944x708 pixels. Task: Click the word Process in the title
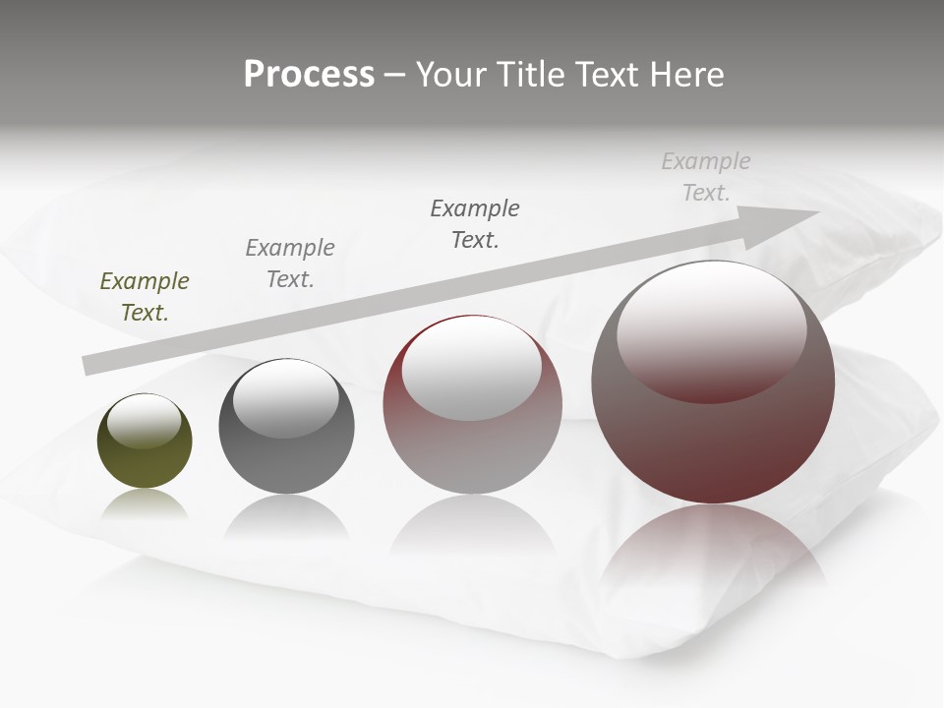[309, 75]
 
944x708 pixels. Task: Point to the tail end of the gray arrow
[90, 365]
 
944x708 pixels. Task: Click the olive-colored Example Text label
[145, 297]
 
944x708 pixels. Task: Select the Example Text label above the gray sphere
[290, 263]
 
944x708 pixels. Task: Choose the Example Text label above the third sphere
[475, 223]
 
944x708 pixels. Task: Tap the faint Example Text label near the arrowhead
[706, 176]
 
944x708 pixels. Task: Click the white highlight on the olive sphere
[145, 421]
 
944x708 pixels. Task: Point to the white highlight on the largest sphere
[712, 329]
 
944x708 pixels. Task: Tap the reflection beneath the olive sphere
[145, 505]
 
